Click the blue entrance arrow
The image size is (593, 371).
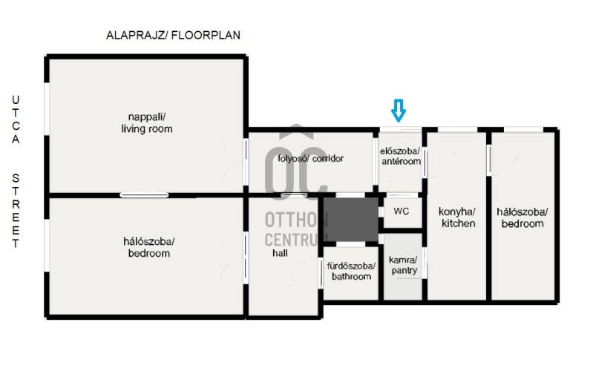(399, 111)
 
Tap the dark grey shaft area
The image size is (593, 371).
(351, 220)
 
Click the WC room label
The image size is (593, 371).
(402, 211)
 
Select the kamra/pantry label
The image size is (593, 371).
(403, 265)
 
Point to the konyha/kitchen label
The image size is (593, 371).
(457, 217)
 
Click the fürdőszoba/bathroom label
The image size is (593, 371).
(351, 271)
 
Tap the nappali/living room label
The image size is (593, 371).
(147, 123)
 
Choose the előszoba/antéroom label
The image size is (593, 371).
(401, 156)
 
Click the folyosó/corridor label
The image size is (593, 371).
(310, 159)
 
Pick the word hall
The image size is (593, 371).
(280, 253)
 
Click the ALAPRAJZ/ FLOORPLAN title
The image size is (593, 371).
(173, 35)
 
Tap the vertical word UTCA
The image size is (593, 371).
(16, 119)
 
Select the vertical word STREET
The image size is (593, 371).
(16, 211)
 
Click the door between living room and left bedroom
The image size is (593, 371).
(144, 195)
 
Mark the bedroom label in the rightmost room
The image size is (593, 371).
(522, 217)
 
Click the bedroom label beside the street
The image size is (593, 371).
(149, 247)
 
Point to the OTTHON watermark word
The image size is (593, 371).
(296, 220)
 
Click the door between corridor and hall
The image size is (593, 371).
(294, 195)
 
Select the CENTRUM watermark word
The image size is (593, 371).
(296, 240)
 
